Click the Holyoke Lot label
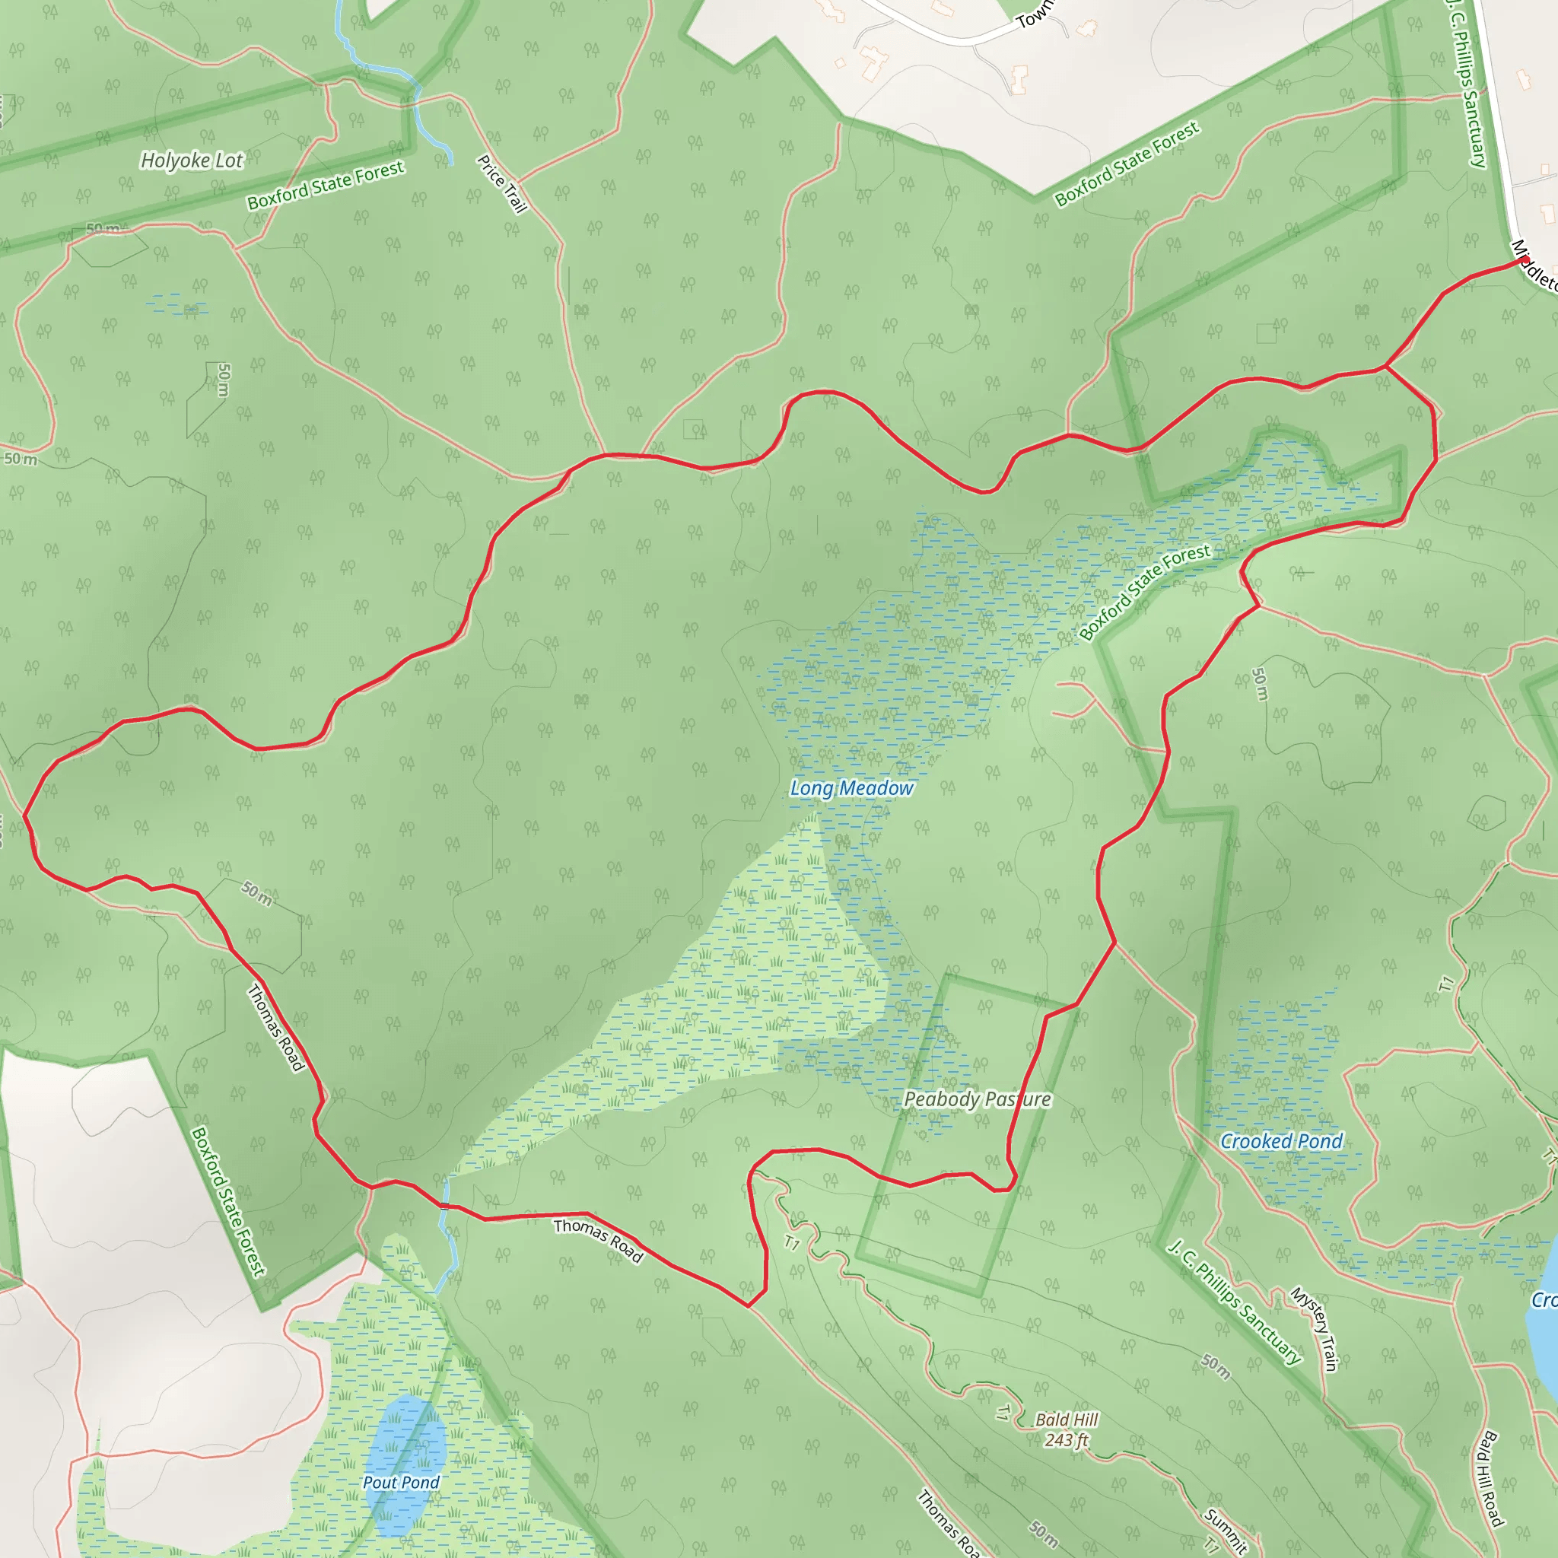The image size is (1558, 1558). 192,161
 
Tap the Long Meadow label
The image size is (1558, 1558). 851,788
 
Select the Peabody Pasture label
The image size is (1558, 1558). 978,1099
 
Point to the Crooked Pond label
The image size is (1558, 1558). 1280,1141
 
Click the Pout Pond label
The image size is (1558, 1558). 401,1482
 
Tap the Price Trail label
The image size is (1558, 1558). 501,184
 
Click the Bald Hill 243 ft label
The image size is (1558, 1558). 1067,1429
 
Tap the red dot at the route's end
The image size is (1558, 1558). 1526,259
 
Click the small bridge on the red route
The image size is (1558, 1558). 444,1206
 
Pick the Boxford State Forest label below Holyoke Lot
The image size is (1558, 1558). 325,185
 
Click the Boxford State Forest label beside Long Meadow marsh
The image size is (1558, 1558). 1144,592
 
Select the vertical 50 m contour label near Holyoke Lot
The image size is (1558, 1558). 224,380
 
